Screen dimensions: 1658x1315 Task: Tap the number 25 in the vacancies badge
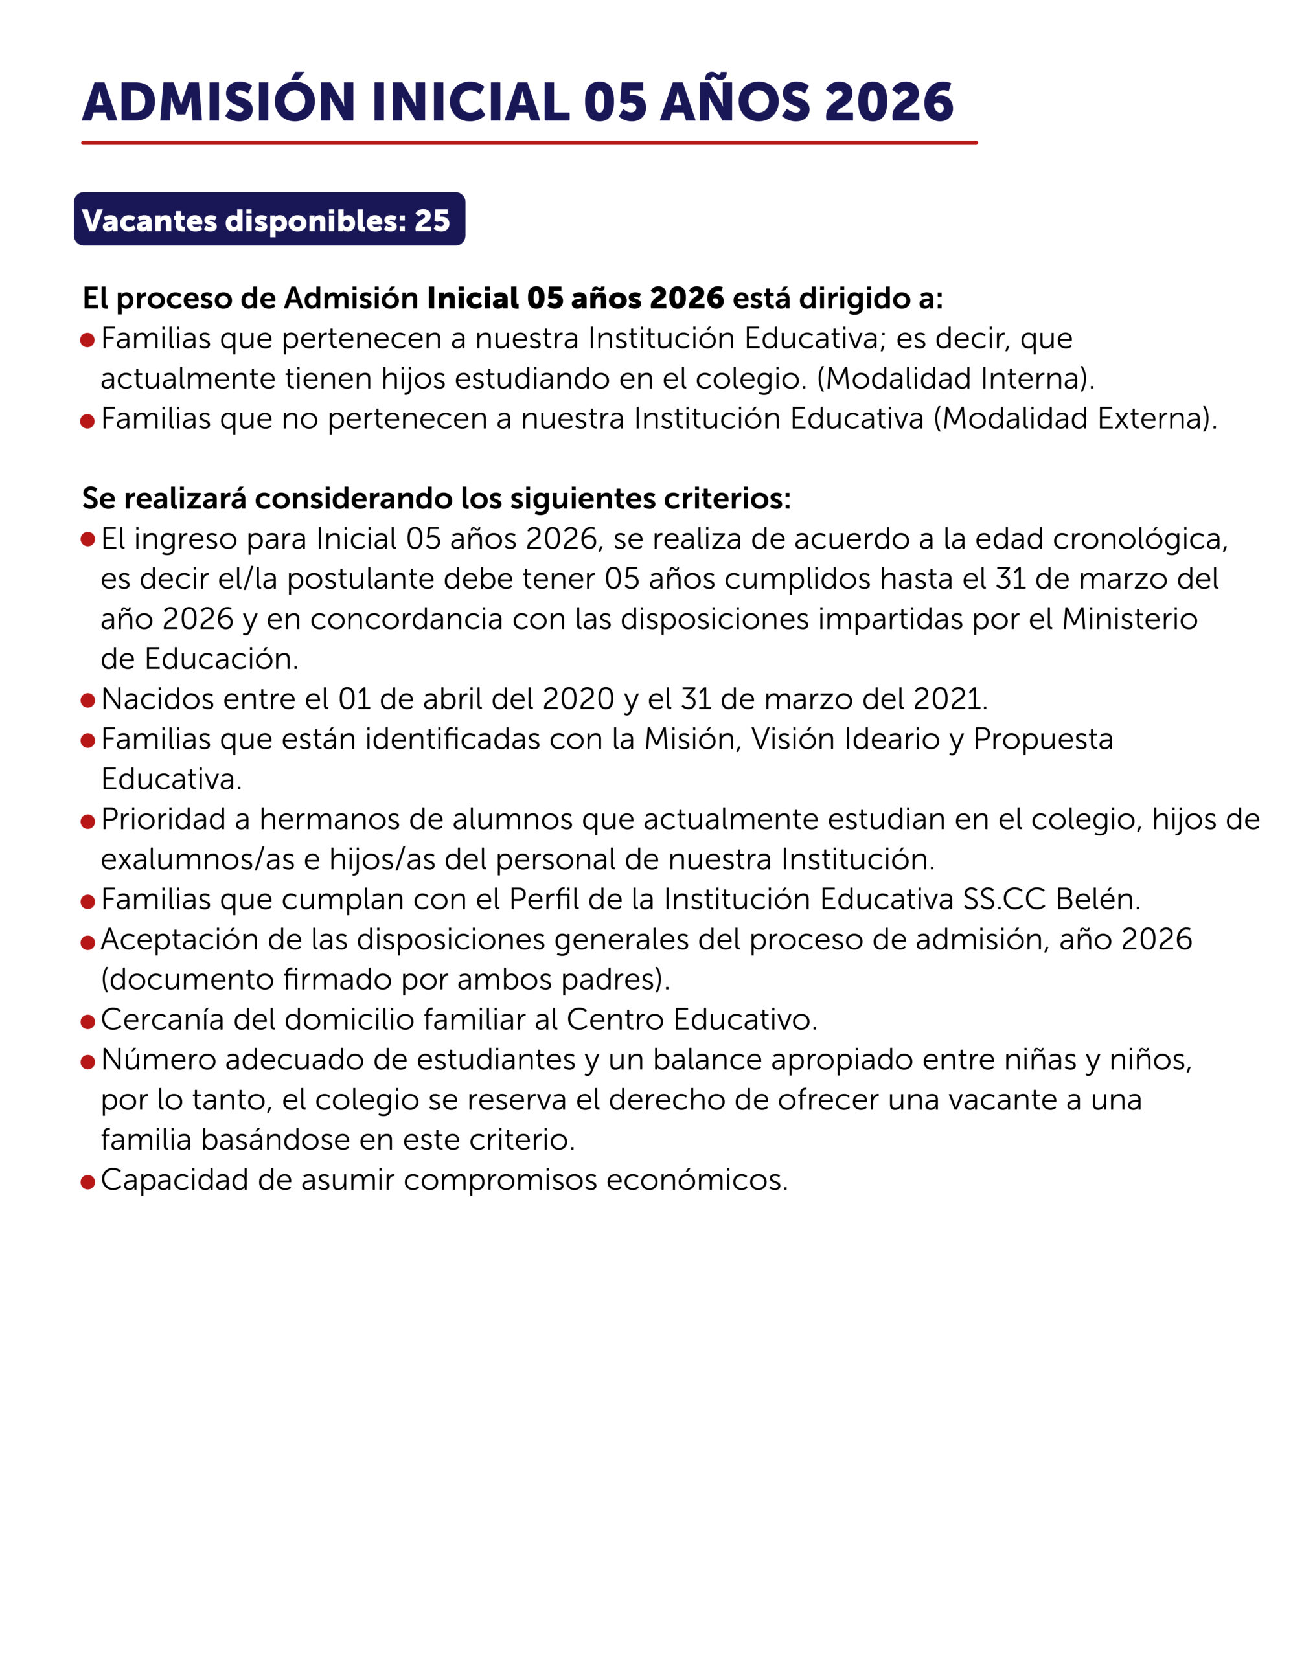(x=431, y=221)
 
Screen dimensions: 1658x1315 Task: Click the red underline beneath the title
(x=529, y=142)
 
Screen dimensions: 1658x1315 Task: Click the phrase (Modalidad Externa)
(x=1075, y=418)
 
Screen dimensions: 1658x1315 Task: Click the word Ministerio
(x=1129, y=619)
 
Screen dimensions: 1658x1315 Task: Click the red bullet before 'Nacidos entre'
(x=87, y=701)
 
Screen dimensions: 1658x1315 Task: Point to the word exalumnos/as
(x=198, y=859)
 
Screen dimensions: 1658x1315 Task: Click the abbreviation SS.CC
(x=1004, y=899)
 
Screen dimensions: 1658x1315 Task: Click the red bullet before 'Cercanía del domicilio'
(x=87, y=1021)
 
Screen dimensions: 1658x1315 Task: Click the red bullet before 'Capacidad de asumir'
(x=87, y=1181)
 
